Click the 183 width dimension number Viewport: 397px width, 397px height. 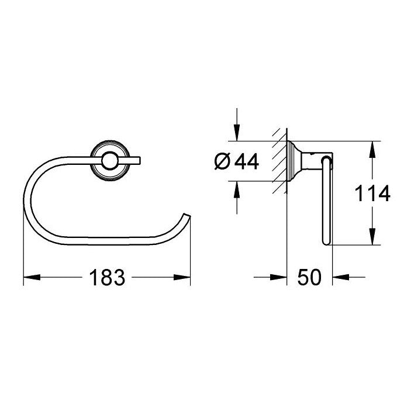(x=107, y=277)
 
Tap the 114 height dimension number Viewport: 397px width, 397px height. (x=372, y=194)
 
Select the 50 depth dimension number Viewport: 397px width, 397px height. (x=309, y=277)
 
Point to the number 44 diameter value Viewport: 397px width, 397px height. (x=247, y=161)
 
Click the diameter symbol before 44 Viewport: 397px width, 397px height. (x=222, y=161)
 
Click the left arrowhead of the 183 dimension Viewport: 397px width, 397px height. (x=32, y=277)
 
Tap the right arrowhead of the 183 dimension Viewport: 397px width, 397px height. (x=182, y=277)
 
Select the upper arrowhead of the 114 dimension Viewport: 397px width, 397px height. (x=372, y=150)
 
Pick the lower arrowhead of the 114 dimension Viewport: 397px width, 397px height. (x=372, y=236)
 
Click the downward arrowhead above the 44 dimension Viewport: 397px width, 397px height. (x=237, y=133)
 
